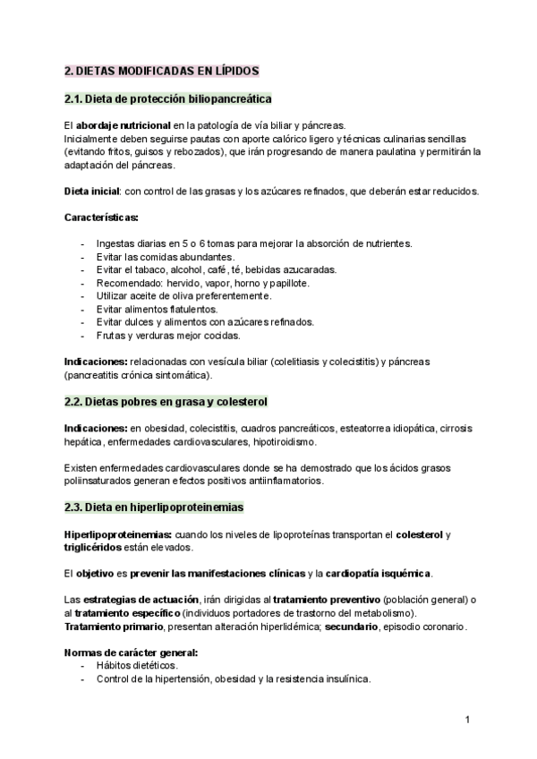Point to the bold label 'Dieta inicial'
pos(92,192)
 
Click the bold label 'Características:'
pos(101,217)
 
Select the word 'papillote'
pos(286,283)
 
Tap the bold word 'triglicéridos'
pos(94,547)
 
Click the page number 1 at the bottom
pos(467,719)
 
